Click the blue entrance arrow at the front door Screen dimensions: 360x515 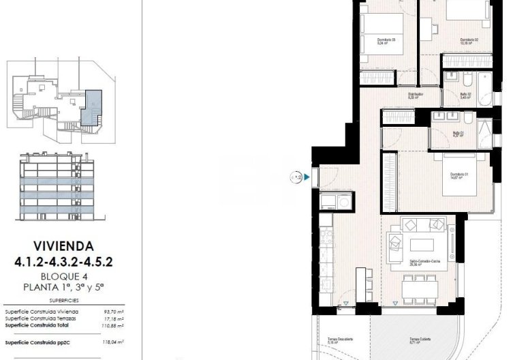(x=307, y=178)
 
